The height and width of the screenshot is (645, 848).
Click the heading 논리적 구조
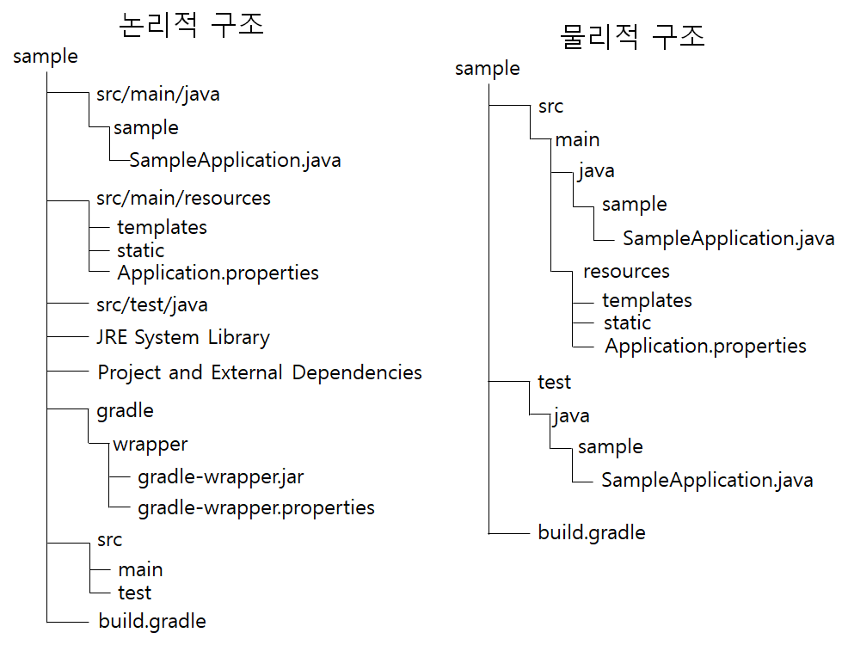191,25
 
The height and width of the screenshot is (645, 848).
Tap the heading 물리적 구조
632,36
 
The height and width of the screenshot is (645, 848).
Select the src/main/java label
158,94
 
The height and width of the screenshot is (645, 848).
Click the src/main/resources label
183,199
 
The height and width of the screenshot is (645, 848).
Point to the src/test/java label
152,304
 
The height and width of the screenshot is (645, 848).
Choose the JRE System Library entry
183,337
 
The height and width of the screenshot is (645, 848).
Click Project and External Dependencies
260,372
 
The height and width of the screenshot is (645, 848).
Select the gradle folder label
126,410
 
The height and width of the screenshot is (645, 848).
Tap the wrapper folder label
151,445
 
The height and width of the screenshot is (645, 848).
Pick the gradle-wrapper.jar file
221,476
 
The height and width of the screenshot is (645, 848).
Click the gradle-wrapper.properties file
256,507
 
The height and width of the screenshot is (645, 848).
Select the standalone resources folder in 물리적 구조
626,272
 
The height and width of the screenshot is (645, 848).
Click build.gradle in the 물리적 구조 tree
592,532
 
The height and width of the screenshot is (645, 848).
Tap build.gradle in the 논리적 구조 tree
152,621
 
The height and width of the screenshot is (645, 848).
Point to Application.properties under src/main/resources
218,273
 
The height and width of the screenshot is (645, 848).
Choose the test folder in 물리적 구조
554,382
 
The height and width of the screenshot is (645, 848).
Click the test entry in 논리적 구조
135,593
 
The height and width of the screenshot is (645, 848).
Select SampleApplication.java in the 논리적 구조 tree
235,160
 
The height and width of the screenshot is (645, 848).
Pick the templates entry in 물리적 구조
647,300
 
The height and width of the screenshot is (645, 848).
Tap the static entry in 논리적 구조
140,250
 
